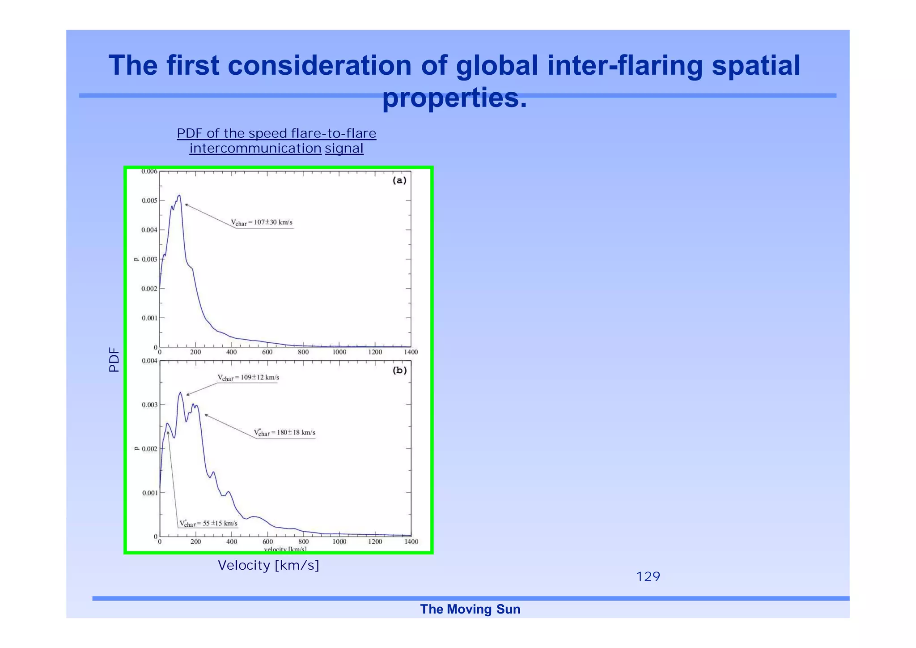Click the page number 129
tap(648, 576)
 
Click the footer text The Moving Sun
tap(470, 609)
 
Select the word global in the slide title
tap(496, 65)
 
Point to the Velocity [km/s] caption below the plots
tap(268, 565)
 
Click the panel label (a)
tap(399, 180)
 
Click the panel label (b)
tap(399, 370)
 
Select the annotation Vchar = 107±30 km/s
tap(262, 222)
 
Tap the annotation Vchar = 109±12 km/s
tap(248, 378)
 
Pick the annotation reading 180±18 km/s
tap(285, 433)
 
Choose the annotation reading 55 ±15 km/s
tap(208, 524)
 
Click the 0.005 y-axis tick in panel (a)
tap(149, 200)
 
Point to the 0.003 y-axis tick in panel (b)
tap(149, 405)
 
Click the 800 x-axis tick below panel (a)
tap(303, 352)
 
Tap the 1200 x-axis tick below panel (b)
tap(375, 542)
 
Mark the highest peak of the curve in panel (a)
tap(179, 196)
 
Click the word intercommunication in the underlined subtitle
tap(255, 148)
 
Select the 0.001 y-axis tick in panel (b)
tap(149, 493)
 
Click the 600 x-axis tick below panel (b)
tap(267, 542)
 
